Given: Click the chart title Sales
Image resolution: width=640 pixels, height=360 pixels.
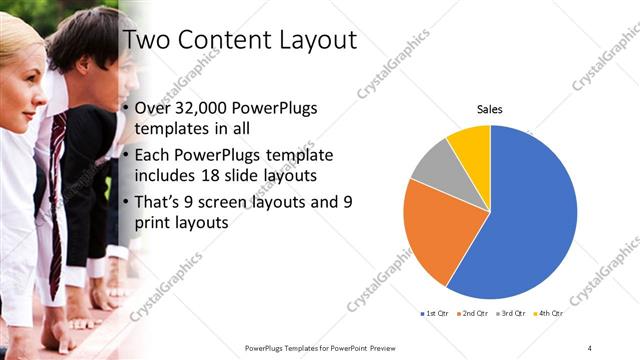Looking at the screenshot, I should pos(489,109).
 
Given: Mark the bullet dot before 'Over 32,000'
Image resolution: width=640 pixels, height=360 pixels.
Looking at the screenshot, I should pos(124,110).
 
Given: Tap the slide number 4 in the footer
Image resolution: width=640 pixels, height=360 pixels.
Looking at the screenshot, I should pos(590,347).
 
